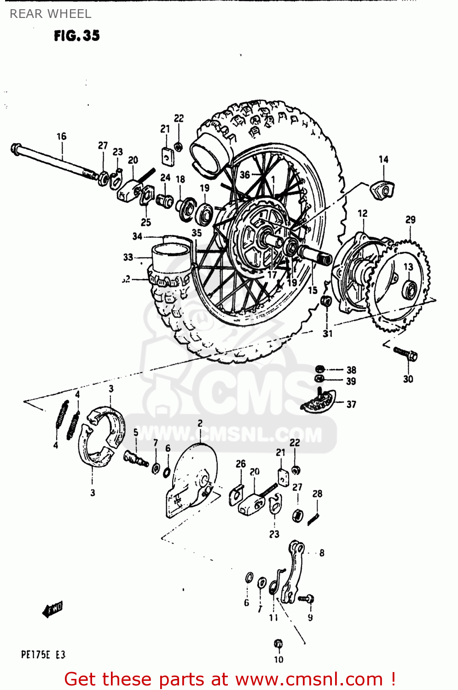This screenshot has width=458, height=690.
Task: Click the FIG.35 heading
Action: pyautogui.click(x=76, y=36)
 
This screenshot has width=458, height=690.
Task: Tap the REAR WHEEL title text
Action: pyautogui.click(x=50, y=14)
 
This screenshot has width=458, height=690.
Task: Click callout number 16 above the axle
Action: pyautogui.click(x=61, y=136)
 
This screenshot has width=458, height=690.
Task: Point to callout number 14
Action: pyautogui.click(x=383, y=159)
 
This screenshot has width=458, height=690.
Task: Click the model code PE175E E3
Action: pyautogui.click(x=43, y=655)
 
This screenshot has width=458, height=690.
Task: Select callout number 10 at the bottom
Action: pyautogui.click(x=278, y=659)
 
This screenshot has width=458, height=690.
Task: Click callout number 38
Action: pyautogui.click(x=351, y=370)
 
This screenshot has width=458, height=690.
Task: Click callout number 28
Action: pyautogui.click(x=317, y=494)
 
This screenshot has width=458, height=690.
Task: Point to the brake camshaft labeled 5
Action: pyautogui.click(x=136, y=458)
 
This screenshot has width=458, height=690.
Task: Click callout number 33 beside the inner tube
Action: pyautogui.click(x=128, y=257)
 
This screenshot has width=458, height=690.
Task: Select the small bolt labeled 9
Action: pyautogui.click(x=307, y=599)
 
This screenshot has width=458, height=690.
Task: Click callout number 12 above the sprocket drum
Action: pyautogui.click(x=363, y=213)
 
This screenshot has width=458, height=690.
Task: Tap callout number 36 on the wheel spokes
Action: pyautogui.click(x=245, y=174)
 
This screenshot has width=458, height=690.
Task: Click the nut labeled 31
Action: pyautogui.click(x=326, y=301)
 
